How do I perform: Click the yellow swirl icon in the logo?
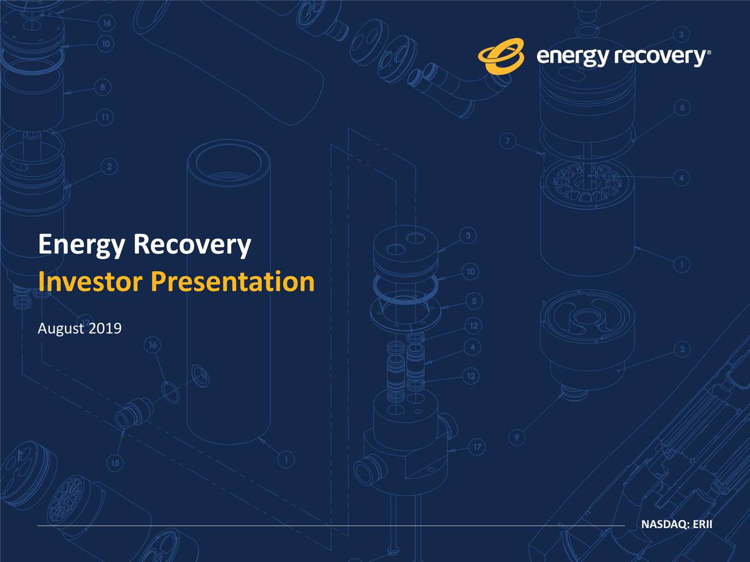tap(501, 57)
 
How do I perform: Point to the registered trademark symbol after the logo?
tap(710, 52)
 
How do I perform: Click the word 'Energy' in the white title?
tap(80, 245)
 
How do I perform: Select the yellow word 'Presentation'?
tap(233, 282)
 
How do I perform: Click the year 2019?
tap(105, 328)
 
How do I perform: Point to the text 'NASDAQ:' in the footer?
tap(665, 524)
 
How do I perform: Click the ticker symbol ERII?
tap(703, 524)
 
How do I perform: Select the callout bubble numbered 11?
tap(104, 118)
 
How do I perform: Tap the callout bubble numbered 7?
tap(507, 141)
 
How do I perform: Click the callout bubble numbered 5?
tap(473, 301)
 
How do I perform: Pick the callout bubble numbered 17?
tap(477, 447)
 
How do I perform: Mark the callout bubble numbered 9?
tap(516, 437)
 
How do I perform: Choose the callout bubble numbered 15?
tap(115, 463)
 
